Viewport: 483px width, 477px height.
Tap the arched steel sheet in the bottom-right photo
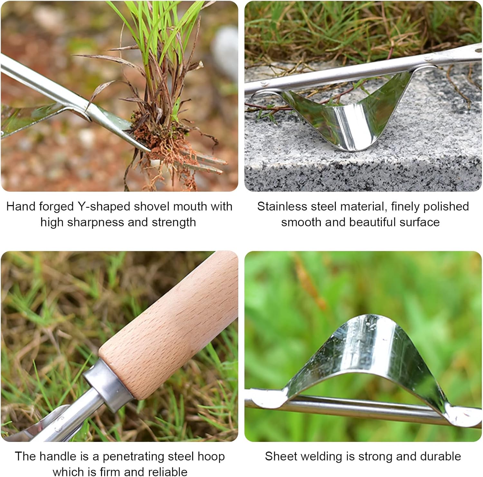367,348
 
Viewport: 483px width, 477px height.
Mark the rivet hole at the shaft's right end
476,51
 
